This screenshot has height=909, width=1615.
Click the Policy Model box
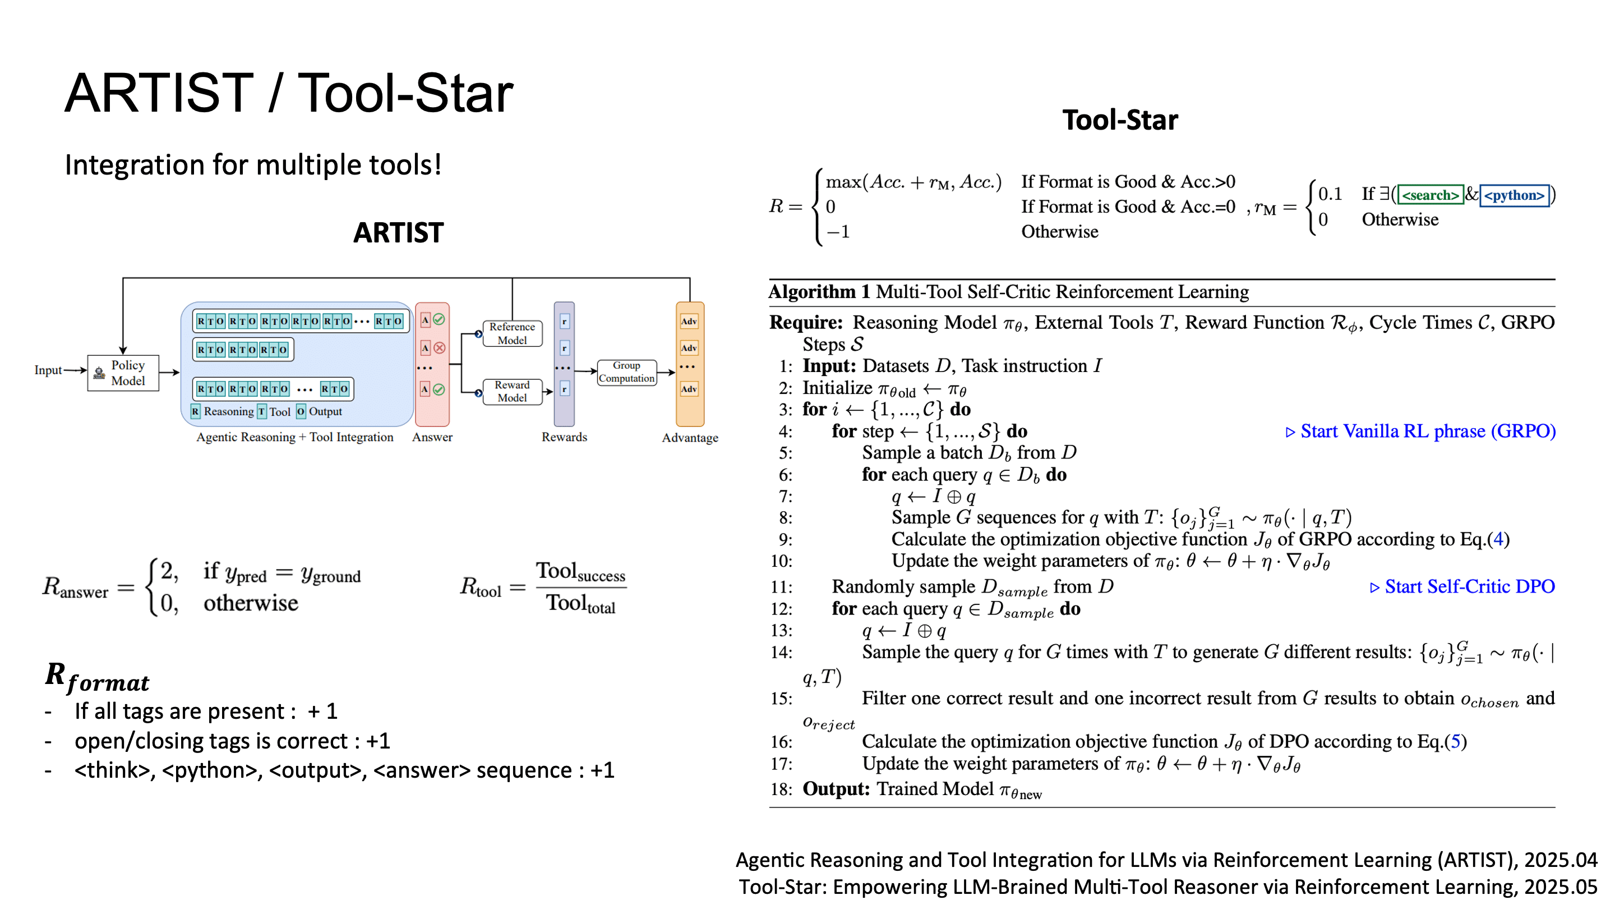tap(123, 373)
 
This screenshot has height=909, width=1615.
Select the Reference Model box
tap(511, 333)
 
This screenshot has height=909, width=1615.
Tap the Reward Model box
tap(511, 391)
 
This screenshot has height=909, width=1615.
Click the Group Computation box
tap(626, 372)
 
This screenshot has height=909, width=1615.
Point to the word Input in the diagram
tap(48, 370)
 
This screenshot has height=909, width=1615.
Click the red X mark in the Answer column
tap(440, 347)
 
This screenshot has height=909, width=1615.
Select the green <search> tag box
tap(1430, 195)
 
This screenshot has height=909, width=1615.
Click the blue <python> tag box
tap(1514, 195)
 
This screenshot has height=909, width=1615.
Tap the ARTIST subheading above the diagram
tap(398, 233)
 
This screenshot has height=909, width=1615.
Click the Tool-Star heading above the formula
tap(1120, 120)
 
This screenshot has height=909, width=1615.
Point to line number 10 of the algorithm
tap(781, 561)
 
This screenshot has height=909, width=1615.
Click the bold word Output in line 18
tap(836, 788)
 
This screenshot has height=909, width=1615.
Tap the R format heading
tap(97, 677)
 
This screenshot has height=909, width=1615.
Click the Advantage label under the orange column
tap(690, 437)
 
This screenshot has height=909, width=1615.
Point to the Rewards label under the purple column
tap(564, 437)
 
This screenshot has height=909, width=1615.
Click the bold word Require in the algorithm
tap(806, 323)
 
